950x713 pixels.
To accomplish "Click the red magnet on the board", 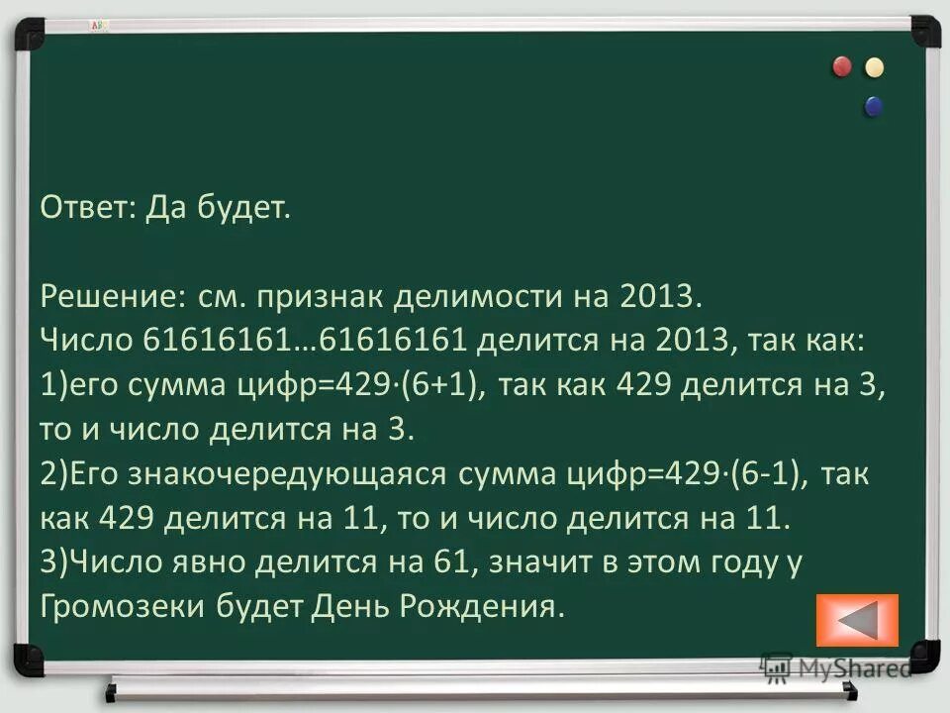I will point(842,66).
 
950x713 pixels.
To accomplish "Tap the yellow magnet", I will point(874,67).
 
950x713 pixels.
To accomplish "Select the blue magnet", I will point(873,106).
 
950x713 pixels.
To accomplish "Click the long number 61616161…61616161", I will point(305,340).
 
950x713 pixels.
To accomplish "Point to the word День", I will point(354,605).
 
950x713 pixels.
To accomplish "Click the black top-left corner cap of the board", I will point(28,30).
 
